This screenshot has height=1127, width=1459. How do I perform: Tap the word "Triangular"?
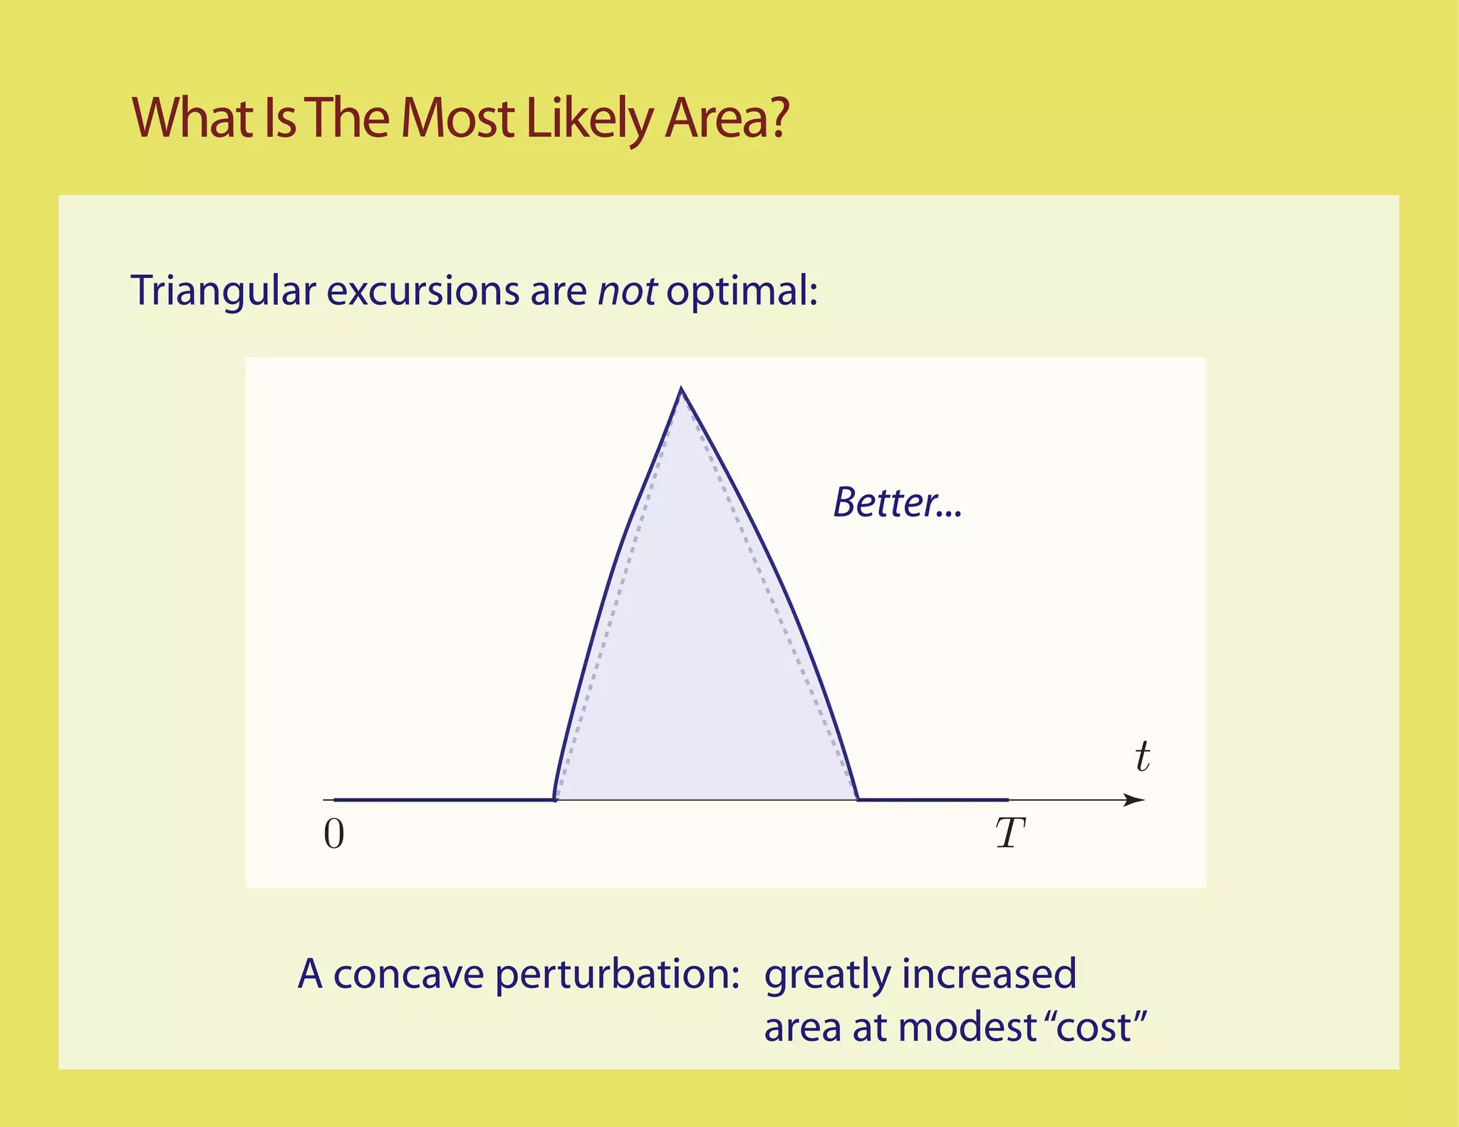(224, 291)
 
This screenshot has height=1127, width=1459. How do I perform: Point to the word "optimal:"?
(742, 291)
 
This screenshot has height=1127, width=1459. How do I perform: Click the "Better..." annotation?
(897, 502)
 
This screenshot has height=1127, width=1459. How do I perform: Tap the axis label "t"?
(1142, 757)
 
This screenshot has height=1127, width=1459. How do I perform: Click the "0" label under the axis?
(334, 834)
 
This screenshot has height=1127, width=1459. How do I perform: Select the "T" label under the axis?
(1009, 833)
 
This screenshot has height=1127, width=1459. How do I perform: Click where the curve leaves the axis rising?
(554, 799)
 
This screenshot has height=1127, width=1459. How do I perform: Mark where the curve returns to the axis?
(858, 799)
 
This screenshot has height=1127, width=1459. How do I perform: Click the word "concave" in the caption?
(409, 974)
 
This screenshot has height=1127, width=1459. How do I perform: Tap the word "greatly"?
(826, 974)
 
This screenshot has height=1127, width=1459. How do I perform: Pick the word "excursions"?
(423, 291)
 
